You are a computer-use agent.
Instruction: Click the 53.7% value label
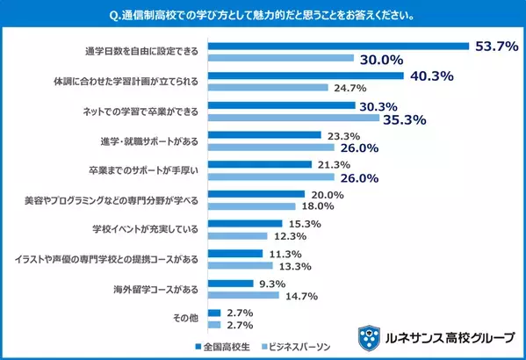pyautogui.click(x=495, y=46)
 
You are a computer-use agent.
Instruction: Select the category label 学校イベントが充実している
pyautogui.click(x=153, y=230)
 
